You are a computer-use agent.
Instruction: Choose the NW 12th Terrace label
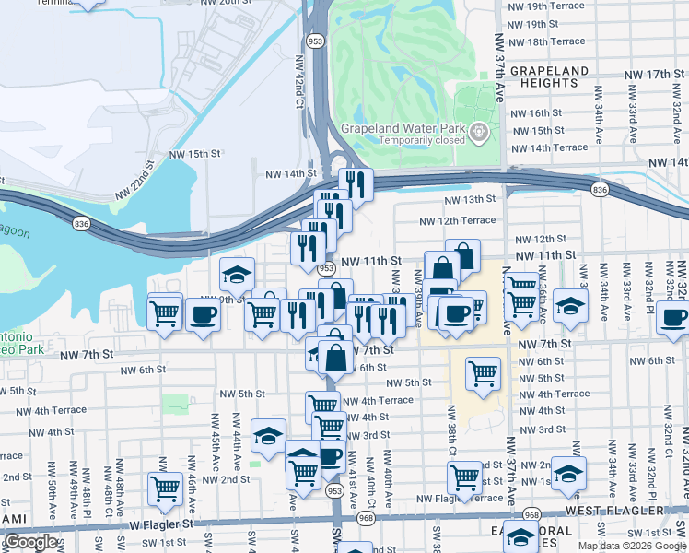tap(457, 221)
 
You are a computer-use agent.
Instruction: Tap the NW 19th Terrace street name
tap(546, 6)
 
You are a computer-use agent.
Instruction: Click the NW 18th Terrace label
tap(546, 41)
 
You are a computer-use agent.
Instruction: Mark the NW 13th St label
tap(469, 199)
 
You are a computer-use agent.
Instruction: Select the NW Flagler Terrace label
tap(461, 499)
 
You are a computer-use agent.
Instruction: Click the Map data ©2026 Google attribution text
tap(631, 546)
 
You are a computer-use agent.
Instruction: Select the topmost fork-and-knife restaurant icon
tap(355, 182)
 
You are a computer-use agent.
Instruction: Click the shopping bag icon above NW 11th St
tap(462, 255)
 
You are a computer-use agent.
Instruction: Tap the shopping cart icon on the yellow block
tap(483, 372)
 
